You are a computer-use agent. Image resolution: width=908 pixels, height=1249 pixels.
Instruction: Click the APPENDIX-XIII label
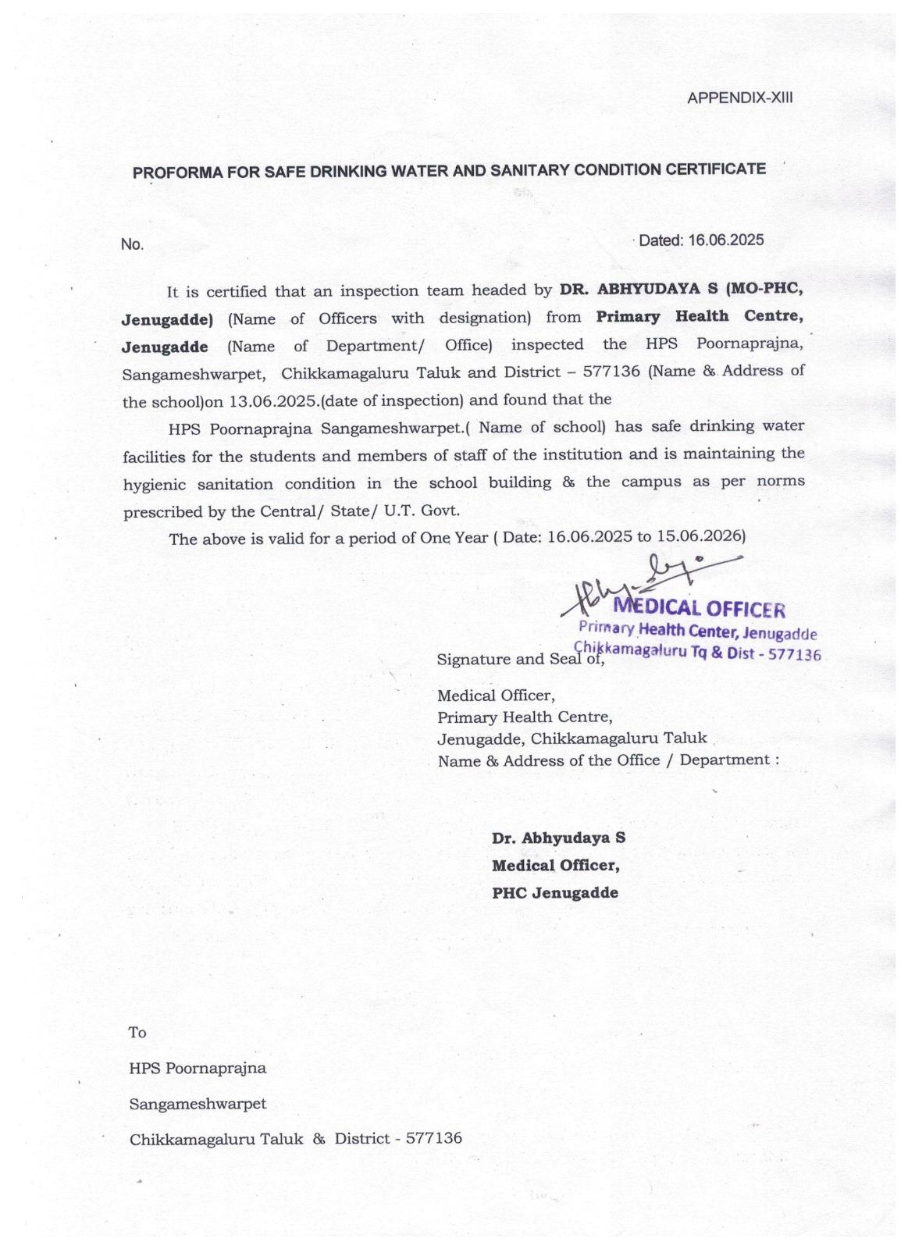point(739,98)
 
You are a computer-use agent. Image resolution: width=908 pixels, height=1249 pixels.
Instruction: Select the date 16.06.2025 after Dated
point(725,240)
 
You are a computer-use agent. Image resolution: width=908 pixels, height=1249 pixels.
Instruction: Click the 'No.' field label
point(132,244)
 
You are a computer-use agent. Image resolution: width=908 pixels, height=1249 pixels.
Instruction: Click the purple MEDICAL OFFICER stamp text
point(700,608)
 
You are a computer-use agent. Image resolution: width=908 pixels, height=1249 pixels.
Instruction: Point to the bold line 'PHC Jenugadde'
point(554,893)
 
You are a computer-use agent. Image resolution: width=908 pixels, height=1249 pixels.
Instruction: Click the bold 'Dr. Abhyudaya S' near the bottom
point(558,838)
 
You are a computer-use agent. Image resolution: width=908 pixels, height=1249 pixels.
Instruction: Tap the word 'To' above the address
point(137,1033)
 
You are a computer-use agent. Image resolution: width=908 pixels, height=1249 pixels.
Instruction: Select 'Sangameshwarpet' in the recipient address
point(198,1104)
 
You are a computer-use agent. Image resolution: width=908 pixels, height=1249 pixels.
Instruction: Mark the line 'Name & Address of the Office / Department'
point(607,760)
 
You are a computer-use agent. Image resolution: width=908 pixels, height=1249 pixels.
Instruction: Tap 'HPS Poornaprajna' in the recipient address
point(198,1068)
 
